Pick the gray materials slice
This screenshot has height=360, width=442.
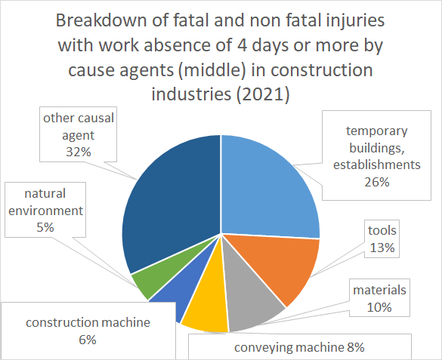[251, 298]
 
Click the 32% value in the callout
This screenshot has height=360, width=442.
[79, 152]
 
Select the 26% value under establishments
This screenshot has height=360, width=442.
[377, 182]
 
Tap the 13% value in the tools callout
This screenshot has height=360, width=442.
[382, 248]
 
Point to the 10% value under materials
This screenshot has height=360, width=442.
[379, 307]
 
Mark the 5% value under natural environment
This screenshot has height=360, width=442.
[45, 227]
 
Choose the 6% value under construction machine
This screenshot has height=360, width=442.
[88, 340]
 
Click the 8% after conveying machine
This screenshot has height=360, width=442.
[356, 347]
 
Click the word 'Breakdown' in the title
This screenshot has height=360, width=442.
[101, 20]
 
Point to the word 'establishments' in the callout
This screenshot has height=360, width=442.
[377, 165]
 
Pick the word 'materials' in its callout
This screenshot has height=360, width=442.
[379, 290]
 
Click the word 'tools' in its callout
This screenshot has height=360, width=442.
[382, 230]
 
